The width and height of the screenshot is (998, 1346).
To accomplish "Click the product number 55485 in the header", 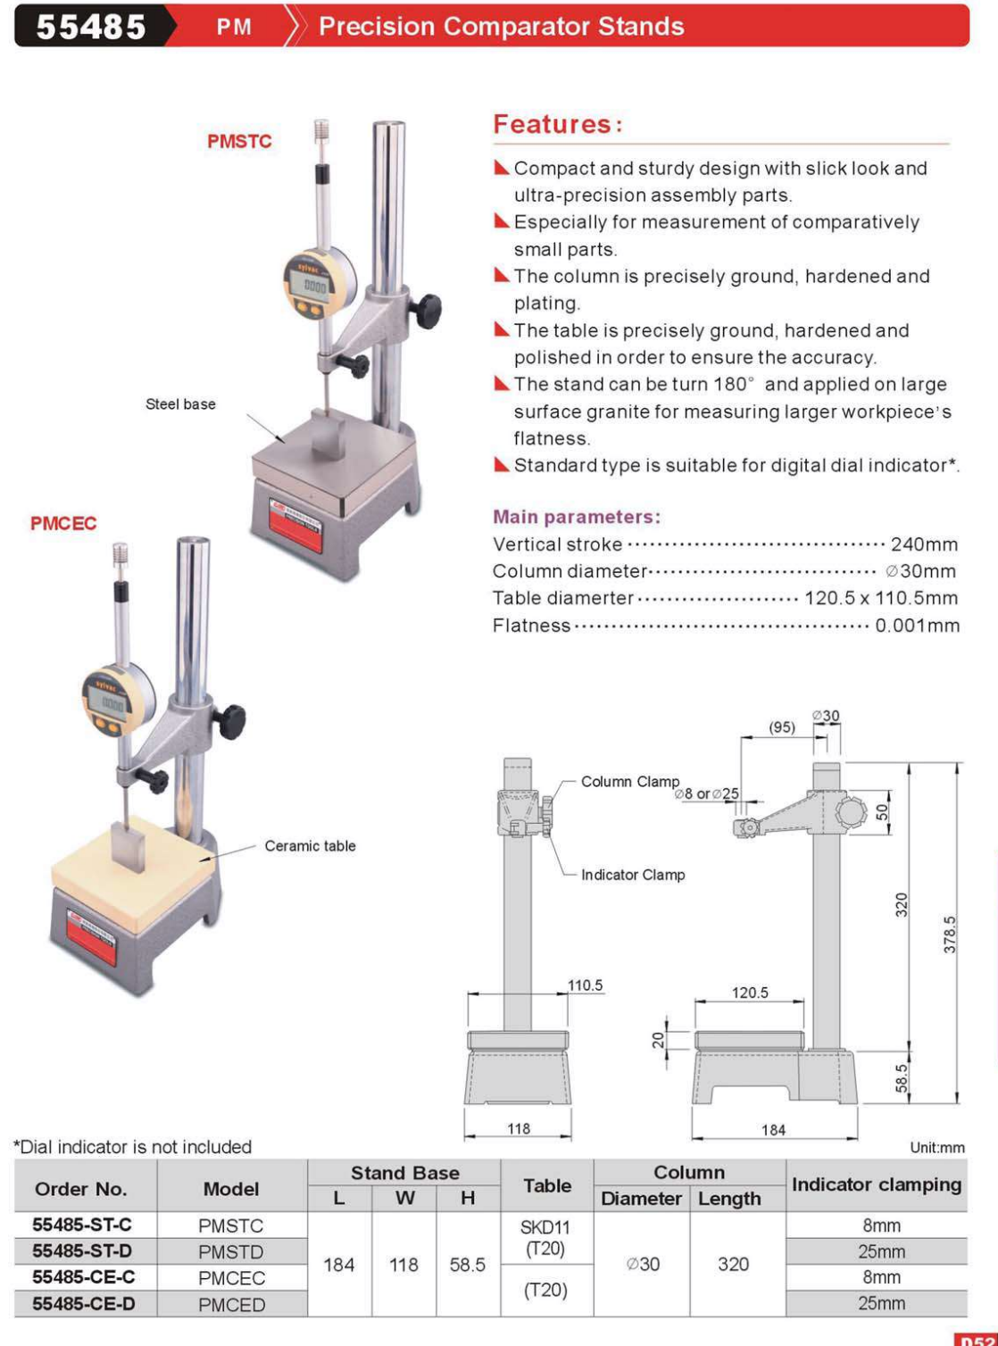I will click(x=90, y=26).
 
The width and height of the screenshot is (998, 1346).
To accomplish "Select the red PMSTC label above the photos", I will click(x=239, y=141).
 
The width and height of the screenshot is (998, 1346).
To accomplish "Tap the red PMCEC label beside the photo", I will click(x=63, y=523).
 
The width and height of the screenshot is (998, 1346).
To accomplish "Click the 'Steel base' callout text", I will click(x=180, y=404).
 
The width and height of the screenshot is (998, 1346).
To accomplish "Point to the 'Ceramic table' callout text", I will click(x=310, y=846).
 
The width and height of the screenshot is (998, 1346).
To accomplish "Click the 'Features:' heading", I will click(x=558, y=124).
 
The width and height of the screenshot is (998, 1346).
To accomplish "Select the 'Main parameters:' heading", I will click(x=577, y=517).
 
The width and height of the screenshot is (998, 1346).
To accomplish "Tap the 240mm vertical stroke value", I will click(x=924, y=544).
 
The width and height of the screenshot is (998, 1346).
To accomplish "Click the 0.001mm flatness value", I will click(x=917, y=626).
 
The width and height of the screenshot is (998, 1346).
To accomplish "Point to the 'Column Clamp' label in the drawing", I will click(x=630, y=782).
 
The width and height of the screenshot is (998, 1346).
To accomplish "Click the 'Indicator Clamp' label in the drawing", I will click(x=633, y=875).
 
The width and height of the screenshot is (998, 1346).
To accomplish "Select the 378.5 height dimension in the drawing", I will click(x=949, y=934).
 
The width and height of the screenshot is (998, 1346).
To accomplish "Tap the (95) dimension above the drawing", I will click(x=782, y=727).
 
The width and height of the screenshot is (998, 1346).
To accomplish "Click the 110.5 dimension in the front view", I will click(x=586, y=985).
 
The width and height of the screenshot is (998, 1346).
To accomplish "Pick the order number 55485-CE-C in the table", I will click(x=84, y=1277).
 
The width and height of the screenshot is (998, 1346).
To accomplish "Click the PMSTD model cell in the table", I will click(x=231, y=1251).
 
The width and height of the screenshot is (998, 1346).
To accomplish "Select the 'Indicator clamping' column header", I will click(x=876, y=1185).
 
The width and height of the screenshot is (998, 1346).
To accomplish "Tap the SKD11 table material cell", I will click(x=545, y=1227).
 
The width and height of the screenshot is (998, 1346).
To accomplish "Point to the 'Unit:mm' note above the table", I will click(x=937, y=1148).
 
